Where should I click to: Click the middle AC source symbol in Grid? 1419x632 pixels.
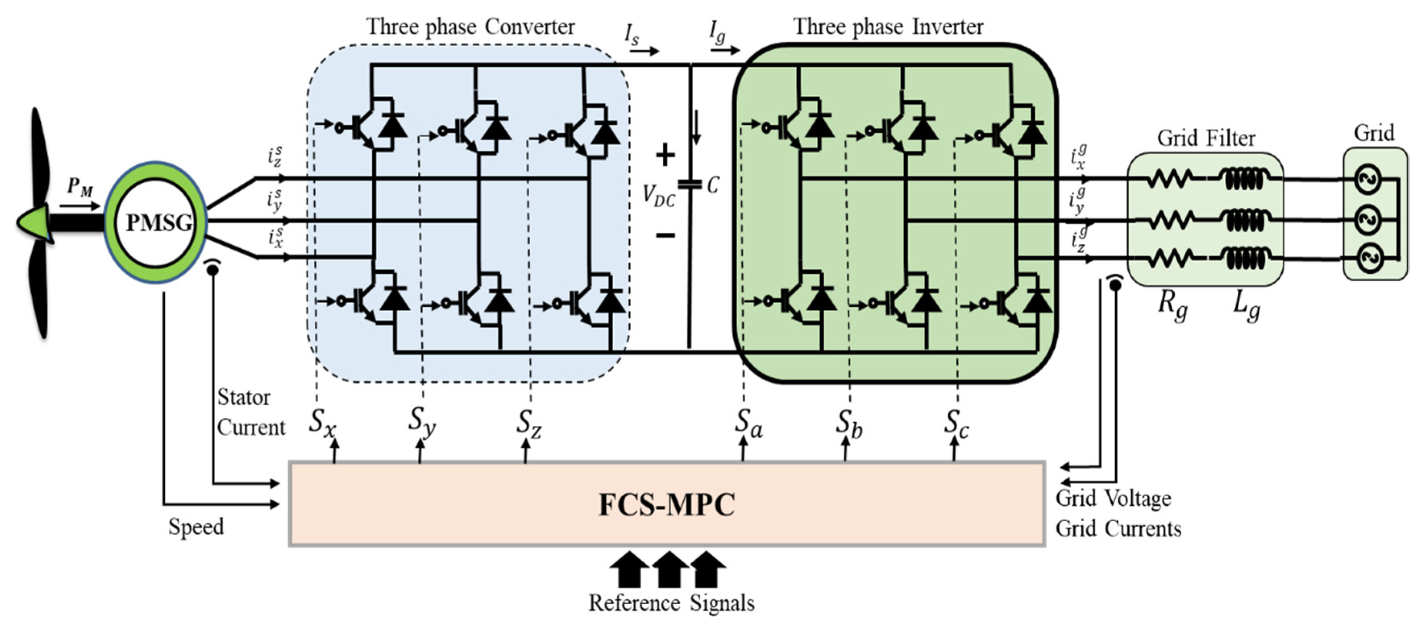(x=1368, y=220)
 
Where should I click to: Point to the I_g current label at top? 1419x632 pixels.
(x=717, y=33)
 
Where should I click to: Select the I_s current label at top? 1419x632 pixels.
(x=632, y=34)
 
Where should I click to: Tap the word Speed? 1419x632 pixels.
(x=196, y=527)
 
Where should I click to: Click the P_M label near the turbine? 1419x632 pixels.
(x=80, y=187)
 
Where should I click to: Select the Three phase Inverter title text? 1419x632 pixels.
(x=888, y=27)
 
